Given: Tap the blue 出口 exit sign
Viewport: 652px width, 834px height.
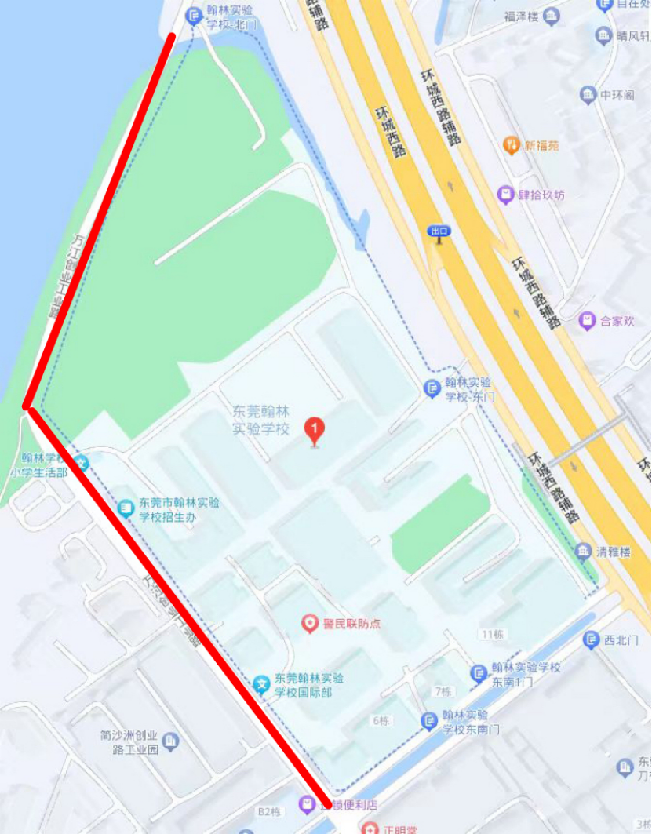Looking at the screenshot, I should pyautogui.click(x=439, y=231).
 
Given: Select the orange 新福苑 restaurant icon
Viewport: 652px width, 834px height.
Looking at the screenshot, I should pyautogui.click(x=511, y=144).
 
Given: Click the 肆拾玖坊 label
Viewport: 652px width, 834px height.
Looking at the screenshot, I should pyautogui.click(x=541, y=195).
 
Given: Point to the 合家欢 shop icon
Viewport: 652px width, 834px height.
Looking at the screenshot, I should pyautogui.click(x=585, y=320).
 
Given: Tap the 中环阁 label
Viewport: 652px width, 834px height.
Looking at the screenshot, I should pyautogui.click(x=616, y=96).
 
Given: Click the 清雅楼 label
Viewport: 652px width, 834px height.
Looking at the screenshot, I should pyautogui.click(x=614, y=552).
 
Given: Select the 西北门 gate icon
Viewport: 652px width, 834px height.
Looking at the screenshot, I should pyautogui.click(x=592, y=640).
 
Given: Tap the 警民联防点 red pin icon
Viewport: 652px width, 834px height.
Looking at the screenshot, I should pyautogui.click(x=311, y=624).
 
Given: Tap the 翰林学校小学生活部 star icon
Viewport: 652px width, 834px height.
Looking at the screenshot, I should pyautogui.click(x=82, y=463).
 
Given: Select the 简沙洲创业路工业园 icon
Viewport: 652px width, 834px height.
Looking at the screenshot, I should pyautogui.click(x=170, y=740).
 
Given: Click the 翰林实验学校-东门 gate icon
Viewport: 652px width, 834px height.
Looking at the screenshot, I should pyautogui.click(x=432, y=388).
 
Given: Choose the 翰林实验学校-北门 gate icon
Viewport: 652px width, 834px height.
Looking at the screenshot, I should pyautogui.click(x=194, y=15).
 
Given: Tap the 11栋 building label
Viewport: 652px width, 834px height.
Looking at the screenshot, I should pyautogui.click(x=492, y=634).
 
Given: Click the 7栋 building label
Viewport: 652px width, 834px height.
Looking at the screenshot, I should pyautogui.click(x=443, y=691).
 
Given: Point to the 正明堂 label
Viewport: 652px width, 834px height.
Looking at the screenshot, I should pyautogui.click(x=402, y=829).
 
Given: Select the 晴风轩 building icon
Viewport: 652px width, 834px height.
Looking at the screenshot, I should pyautogui.click(x=603, y=35).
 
